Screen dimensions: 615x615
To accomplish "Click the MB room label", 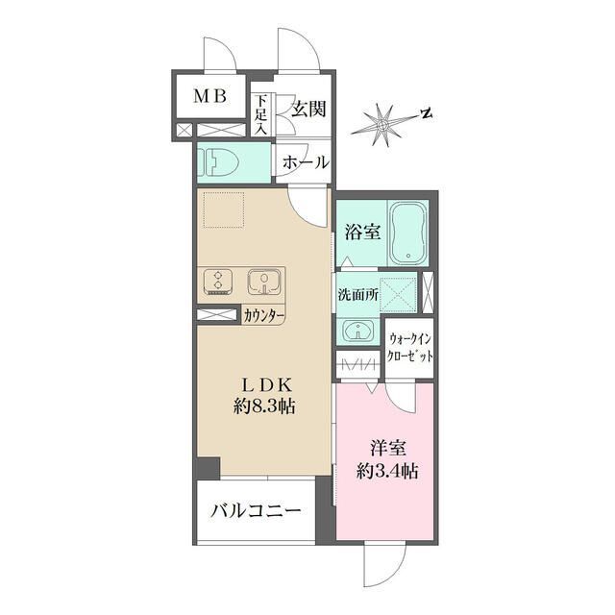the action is (210, 96).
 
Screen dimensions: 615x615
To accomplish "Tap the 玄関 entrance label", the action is (309, 109).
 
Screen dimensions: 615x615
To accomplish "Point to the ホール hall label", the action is (306, 162).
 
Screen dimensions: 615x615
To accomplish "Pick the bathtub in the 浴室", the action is (407, 233).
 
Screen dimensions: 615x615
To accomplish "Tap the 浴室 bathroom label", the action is (362, 233).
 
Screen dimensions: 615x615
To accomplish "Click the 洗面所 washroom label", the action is (358, 295).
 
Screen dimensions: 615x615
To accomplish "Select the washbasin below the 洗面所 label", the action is (357, 329).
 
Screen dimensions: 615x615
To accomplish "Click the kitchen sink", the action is (264, 283).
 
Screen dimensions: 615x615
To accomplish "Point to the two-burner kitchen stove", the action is (218, 282).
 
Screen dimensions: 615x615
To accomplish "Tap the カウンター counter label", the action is (263, 315).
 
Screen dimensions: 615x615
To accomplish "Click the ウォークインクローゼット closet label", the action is (409, 348).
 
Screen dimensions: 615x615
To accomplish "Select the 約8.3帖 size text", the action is (264, 406).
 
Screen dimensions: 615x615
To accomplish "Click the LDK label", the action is (266, 386).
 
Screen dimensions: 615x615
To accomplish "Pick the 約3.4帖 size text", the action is (387, 471).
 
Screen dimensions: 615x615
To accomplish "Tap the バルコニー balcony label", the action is (256, 510).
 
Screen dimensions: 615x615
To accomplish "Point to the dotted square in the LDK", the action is (223, 209).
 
